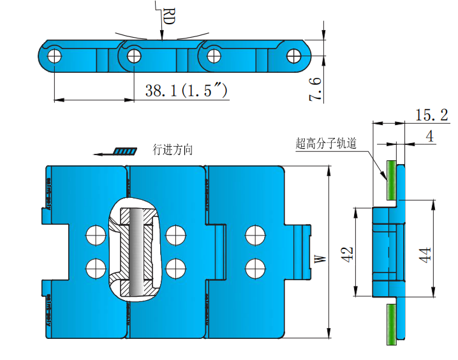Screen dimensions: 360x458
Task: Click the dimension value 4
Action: (x=429, y=136)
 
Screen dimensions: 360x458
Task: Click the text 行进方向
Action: (x=173, y=150)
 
